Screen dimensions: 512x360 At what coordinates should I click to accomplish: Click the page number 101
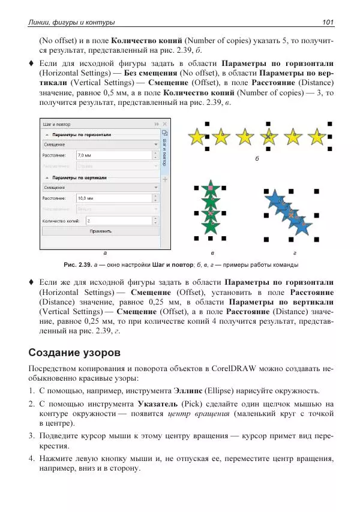click(x=328, y=23)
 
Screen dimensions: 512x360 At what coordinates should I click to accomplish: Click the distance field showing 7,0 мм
click(x=114, y=155)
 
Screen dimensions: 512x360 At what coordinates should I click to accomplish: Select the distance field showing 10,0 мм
click(x=114, y=198)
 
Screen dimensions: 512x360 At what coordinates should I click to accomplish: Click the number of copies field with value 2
click(x=120, y=220)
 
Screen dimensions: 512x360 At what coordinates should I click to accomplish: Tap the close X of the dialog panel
click(x=165, y=124)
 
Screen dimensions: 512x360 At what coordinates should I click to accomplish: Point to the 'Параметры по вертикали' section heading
click(x=79, y=177)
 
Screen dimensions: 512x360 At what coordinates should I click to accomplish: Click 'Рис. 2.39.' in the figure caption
click(x=77, y=264)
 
